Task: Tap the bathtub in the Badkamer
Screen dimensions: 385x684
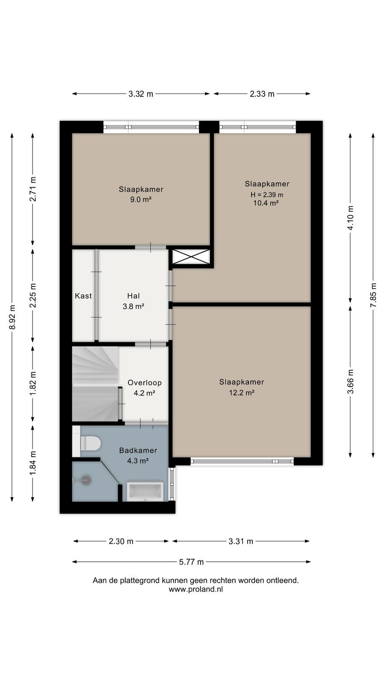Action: [x=145, y=491]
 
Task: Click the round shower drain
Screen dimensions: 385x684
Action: [x=86, y=480]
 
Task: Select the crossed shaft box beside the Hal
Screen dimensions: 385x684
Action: [x=191, y=256]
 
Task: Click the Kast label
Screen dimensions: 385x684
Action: [x=83, y=295]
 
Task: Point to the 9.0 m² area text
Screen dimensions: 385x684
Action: [x=141, y=200]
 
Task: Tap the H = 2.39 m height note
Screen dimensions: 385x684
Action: [x=267, y=195]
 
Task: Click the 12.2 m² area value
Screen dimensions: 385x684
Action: [x=242, y=392]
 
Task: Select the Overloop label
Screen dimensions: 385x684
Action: [x=145, y=383]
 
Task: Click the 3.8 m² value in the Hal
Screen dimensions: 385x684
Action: [x=133, y=306]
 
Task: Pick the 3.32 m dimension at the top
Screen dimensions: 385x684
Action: [x=141, y=94]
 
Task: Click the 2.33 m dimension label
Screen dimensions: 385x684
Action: [x=262, y=94]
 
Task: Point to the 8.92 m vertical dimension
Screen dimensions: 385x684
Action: [x=12, y=317]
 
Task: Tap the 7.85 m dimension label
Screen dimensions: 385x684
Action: [x=373, y=295]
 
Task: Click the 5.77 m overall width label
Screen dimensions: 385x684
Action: [x=191, y=562]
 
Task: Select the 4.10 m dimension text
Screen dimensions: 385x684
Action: [x=350, y=218]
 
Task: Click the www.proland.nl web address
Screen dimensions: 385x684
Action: [x=196, y=590]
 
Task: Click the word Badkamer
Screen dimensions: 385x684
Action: [x=138, y=450]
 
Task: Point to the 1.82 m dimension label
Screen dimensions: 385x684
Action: [x=33, y=383]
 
